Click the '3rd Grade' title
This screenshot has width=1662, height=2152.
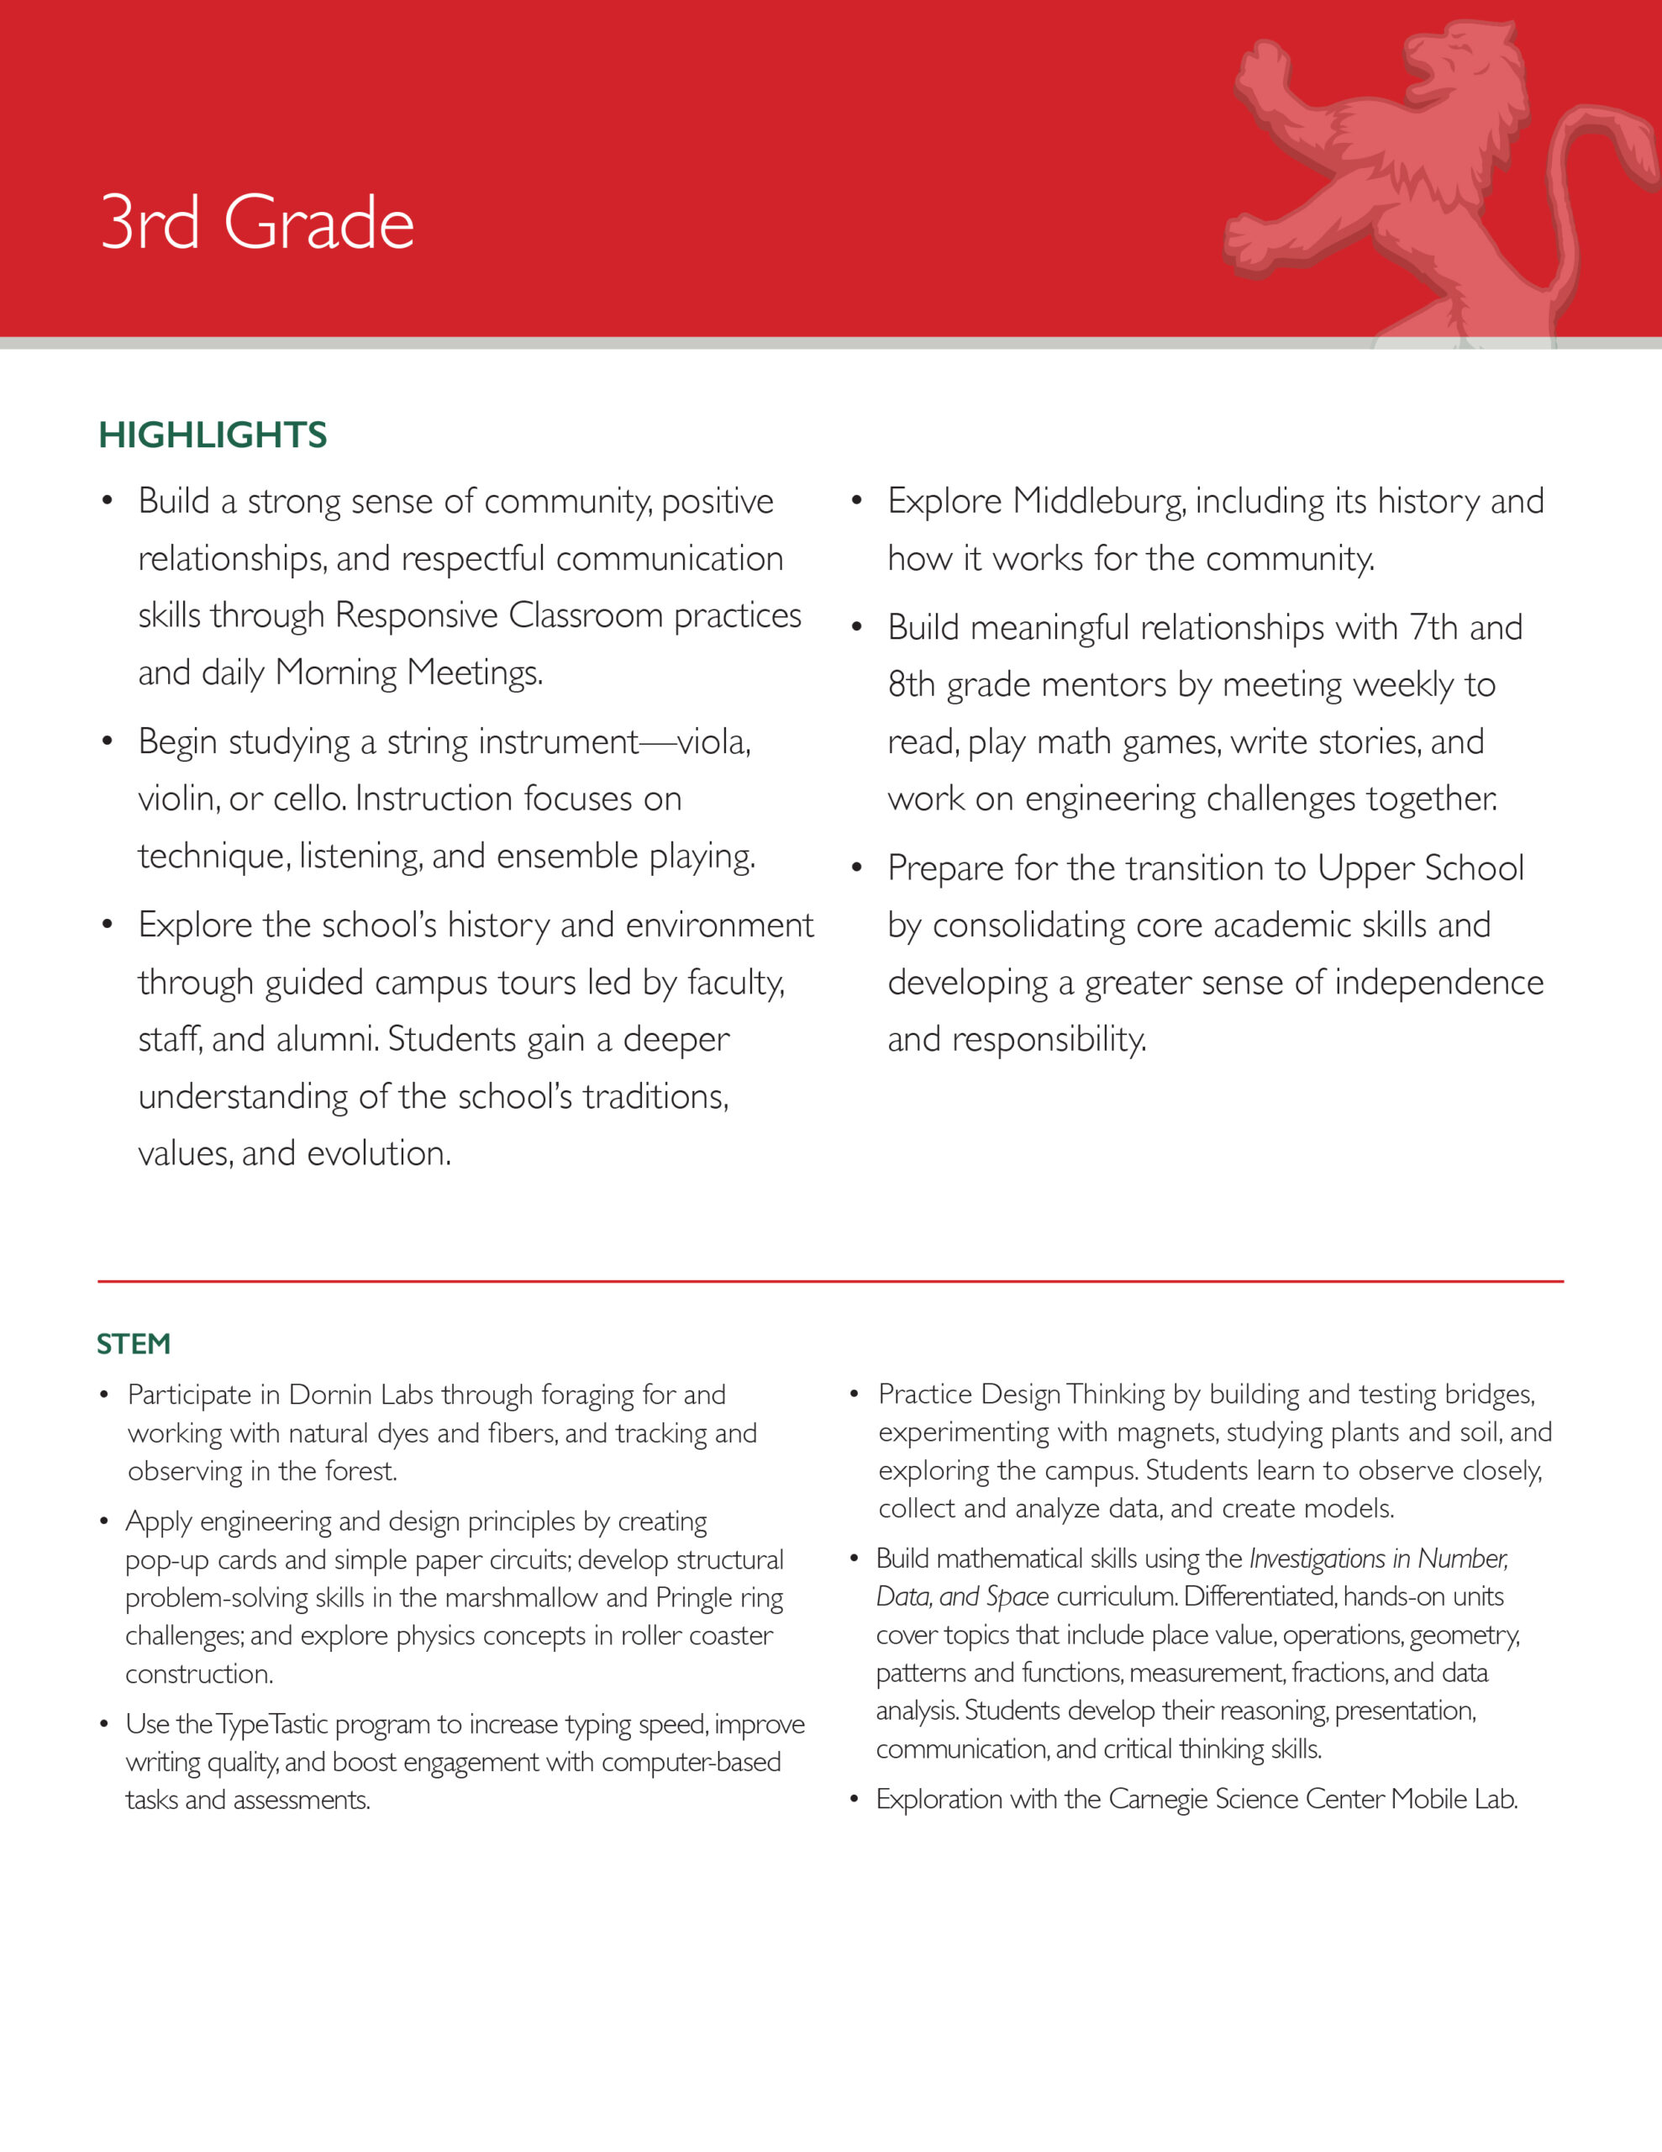257,223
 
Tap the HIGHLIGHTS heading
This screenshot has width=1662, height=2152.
213,435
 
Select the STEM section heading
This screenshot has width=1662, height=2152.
134,1344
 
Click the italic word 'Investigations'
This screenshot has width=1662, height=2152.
1316,1558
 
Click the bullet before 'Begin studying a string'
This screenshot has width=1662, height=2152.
108,741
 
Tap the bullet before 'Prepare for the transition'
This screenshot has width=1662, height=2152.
857,868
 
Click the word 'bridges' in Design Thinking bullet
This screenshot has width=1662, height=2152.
1489,1395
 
